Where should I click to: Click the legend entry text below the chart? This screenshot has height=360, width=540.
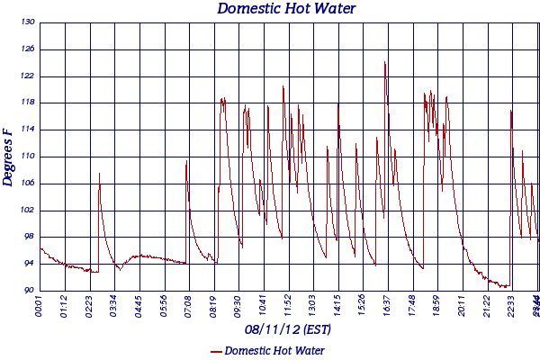(275, 350)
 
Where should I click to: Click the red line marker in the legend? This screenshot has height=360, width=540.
(216, 351)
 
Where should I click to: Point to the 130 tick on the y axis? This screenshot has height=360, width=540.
(29, 22)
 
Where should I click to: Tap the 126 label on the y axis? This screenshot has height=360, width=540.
(29, 49)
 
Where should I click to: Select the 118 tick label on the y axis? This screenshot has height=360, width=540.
(29, 103)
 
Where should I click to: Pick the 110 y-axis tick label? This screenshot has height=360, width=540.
(29, 157)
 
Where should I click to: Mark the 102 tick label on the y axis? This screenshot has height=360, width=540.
(29, 211)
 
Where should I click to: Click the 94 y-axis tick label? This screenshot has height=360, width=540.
(29, 264)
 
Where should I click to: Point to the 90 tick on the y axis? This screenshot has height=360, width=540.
(29, 291)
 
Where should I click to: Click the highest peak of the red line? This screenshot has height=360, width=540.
(385, 62)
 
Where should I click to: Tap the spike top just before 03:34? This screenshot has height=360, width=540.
(99, 173)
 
